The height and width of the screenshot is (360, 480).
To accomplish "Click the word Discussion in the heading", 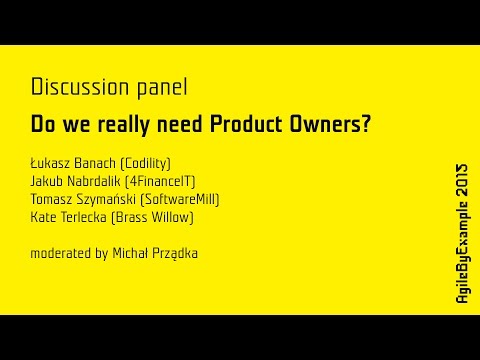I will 75,87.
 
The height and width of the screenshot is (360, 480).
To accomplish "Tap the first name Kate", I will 44,217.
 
